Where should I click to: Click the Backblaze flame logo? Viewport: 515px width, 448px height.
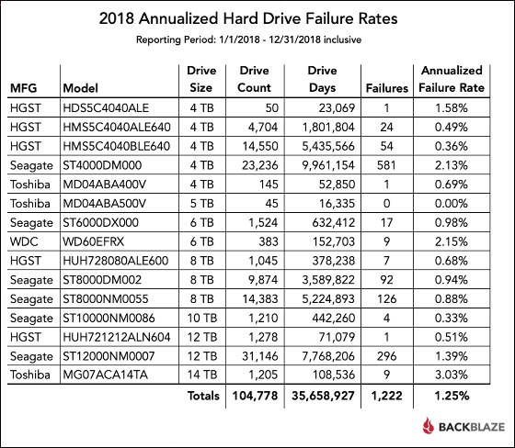(428, 426)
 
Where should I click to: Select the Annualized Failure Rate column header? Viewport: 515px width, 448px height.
(452, 79)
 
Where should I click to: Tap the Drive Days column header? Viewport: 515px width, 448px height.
(322, 79)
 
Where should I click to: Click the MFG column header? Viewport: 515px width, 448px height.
(23, 88)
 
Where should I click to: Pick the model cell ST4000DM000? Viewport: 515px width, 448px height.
(102, 165)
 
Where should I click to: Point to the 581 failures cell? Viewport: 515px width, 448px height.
(386, 165)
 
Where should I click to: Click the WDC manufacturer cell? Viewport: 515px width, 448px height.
(24, 241)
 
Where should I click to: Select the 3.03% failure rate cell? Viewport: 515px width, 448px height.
(452, 375)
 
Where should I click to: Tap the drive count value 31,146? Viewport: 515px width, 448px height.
(260, 356)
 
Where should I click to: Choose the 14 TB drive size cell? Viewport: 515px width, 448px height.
(202, 375)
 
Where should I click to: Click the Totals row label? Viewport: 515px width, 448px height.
(203, 396)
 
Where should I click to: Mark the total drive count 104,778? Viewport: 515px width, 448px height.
(256, 396)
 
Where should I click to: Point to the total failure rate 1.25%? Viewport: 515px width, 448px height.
(452, 396)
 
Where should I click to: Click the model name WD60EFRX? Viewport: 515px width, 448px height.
(94, 241)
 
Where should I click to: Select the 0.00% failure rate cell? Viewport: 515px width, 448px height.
(452, 203)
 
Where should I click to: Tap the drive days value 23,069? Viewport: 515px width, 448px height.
(337, 108)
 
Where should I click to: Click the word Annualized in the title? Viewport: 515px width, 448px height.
(178, 18)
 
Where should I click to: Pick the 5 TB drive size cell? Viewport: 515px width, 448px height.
(202, 203)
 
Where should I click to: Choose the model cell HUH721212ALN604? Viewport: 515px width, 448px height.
(117, 337)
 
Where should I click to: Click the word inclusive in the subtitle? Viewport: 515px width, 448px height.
(342, 39)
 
